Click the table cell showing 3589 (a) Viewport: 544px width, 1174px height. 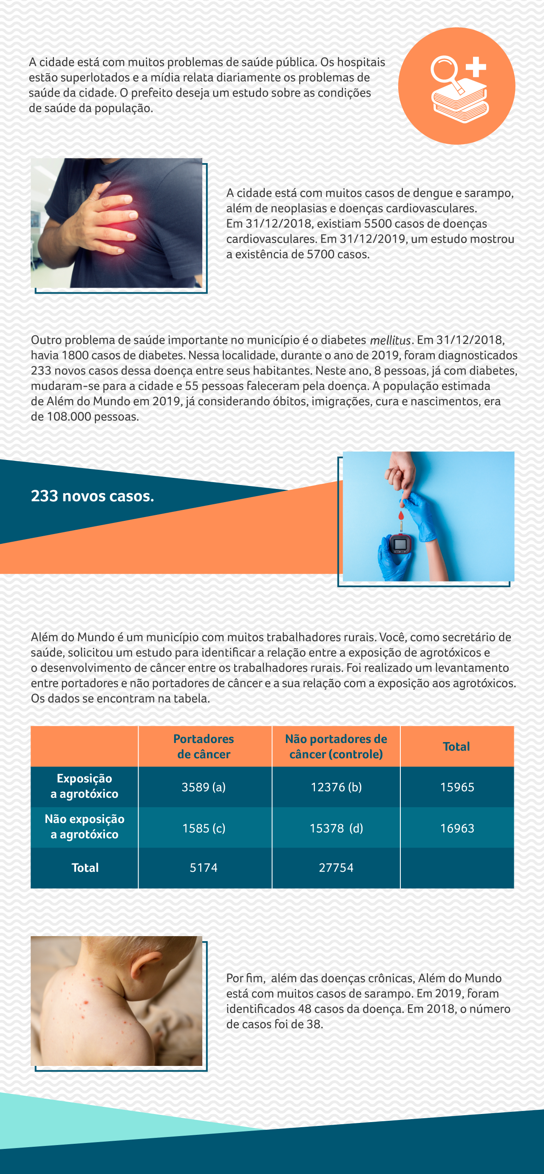click(x=204, y=787)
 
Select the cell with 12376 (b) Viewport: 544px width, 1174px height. click(x=336, y=787)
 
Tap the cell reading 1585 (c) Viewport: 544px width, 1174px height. click(x=204, y=828)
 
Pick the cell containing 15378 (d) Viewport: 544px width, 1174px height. click(x=336, y=828)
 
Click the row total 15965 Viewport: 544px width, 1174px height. click(x=457, y=787)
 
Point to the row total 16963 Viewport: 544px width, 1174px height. click(x=457, y=828)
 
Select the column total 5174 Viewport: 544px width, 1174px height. click(x=204, y=867)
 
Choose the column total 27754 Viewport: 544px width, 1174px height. click(x=336, y=867)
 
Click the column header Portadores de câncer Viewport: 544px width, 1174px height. click(x=204, y=746)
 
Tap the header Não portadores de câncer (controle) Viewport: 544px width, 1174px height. click(x=336, y=746)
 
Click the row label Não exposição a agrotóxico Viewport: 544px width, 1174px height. click(x=85, y=827)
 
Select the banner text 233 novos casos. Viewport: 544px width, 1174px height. click(x=92, y=496)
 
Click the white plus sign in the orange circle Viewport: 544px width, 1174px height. click(x=476, y=67)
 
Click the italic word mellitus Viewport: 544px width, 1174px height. click(x=390, y=340)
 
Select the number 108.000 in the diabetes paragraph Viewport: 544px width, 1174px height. click(x=69, y=417)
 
